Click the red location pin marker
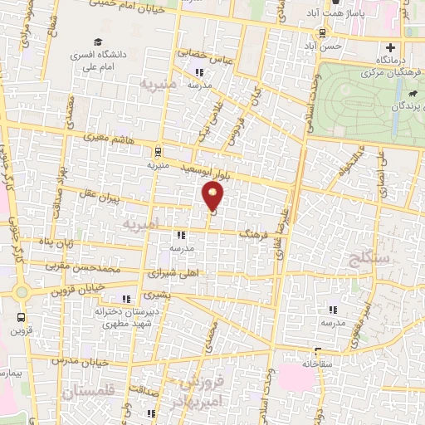click(x=214, y=195)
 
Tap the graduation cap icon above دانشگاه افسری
click(x=99, y=42)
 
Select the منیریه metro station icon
click(x=158, y=151)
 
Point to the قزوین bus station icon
click(x=20, y=316)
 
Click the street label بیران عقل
click(x=102, y=200)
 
